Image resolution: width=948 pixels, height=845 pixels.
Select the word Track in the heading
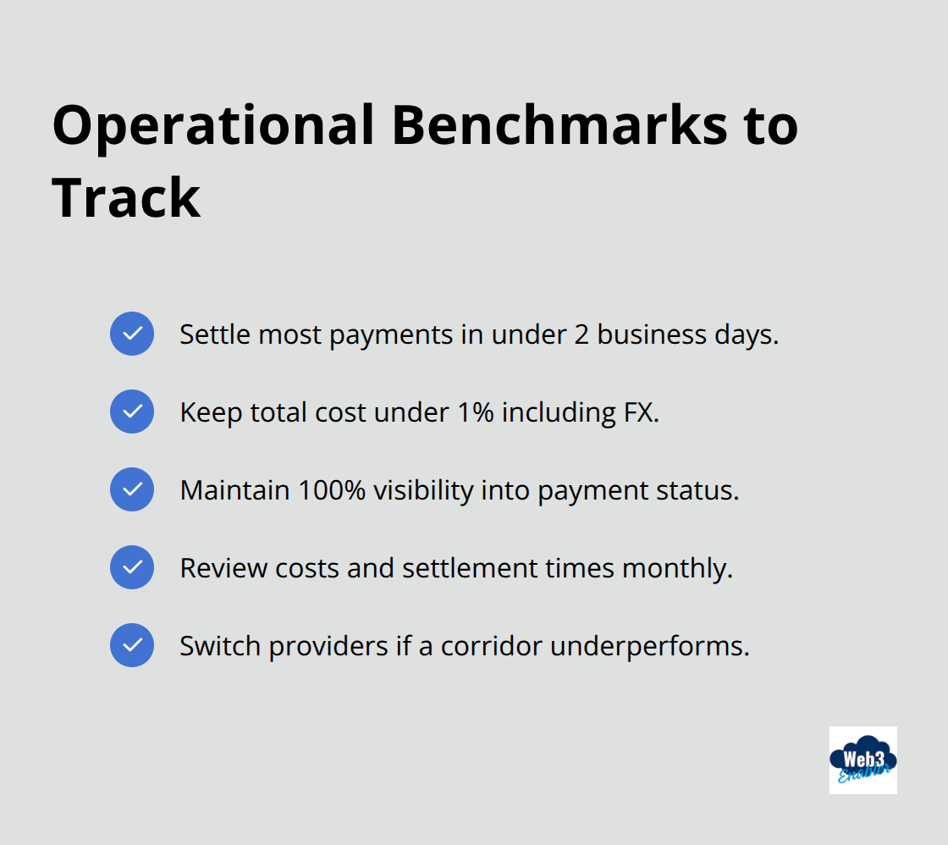point(126,198)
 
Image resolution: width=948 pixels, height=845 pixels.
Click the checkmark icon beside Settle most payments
point(132,334)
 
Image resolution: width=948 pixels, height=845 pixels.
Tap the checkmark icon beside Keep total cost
point(132,411)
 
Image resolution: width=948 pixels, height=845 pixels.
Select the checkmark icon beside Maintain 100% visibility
point(132,489)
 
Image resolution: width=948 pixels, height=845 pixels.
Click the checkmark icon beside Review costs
point(132,567)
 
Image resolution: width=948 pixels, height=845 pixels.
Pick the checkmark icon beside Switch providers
point(132,645)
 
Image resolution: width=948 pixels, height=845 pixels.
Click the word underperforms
point(649,646)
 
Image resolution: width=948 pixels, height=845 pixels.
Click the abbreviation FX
point(642,412)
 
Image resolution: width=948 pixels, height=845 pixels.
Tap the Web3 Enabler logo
point(863,759)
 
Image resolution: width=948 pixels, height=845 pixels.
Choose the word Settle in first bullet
point(214,334)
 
